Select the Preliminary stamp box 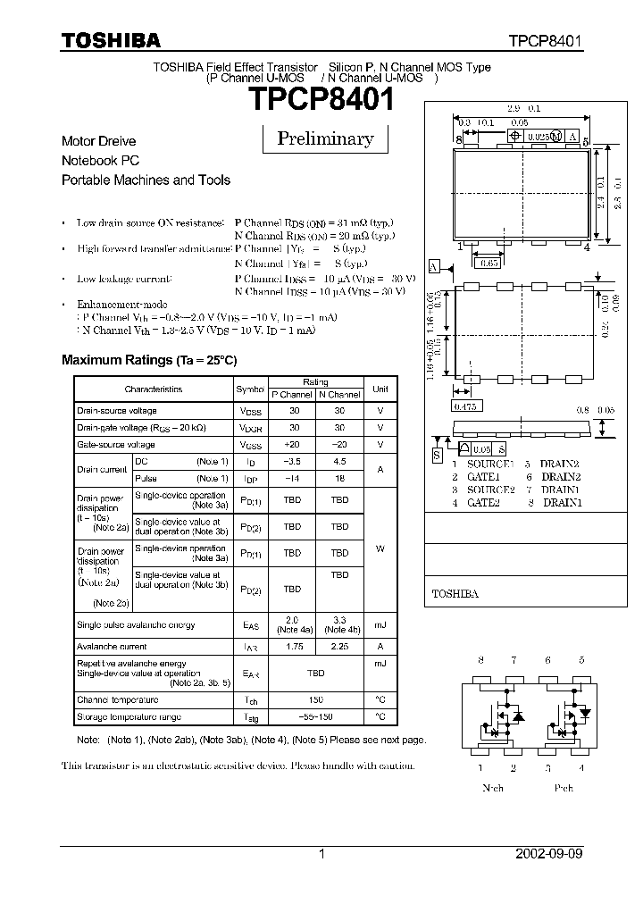click(x=325, y=138)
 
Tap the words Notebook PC click(x=100, y=161)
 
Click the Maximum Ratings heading click(x=149, y=360)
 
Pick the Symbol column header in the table click(x=250, y=389)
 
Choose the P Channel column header click(x=292, y=395)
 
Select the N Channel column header click(x=339, y=395)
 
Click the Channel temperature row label click(x=117, y=700)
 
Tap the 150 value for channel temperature click(x=315, y=700)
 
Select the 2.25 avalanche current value click(x=339, y=646)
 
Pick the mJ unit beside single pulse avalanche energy click(x=380, y=625)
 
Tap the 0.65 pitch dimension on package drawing click(x=489, y=264)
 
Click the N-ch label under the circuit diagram click(x=492, y=788)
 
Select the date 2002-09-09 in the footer click(x=548, y=854)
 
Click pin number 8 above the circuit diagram click(x=480, y=660)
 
